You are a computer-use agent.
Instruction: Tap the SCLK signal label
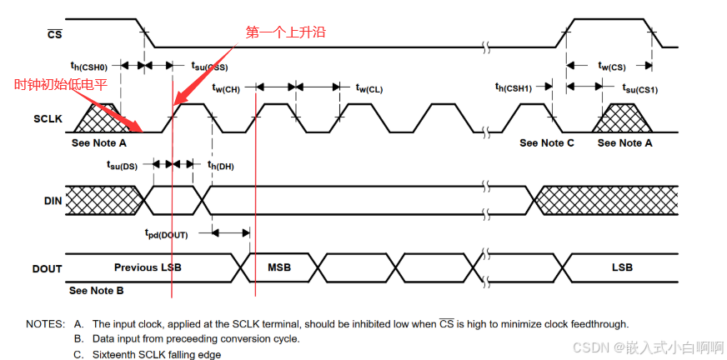pos(48,119)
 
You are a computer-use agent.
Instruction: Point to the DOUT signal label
pos(48,268)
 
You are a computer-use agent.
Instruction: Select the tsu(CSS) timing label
pos(209,67)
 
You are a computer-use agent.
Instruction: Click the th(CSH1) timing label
pos(524,87)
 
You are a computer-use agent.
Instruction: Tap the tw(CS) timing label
pos(612,66)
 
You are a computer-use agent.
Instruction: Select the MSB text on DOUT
pos(279,267)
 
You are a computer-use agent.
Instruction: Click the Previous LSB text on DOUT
pos(148,267)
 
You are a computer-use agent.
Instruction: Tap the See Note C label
pos(547,143)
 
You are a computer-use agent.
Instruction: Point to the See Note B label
pos(97,291)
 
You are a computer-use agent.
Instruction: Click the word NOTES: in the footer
pos(45,323)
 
